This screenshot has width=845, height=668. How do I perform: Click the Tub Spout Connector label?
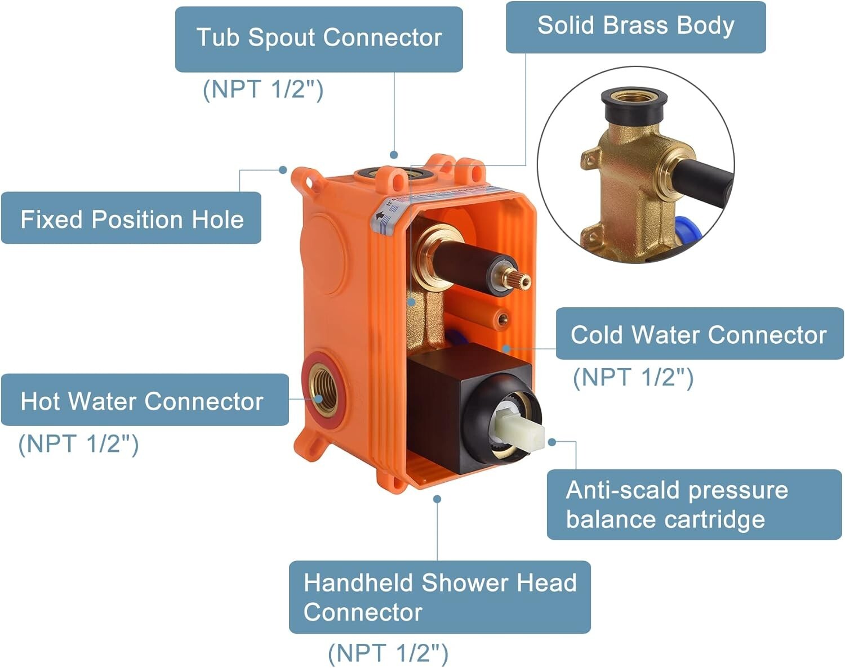coord(319,39)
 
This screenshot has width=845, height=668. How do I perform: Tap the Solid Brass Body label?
coord(635,26)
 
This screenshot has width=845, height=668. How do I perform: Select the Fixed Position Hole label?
coord(131,218)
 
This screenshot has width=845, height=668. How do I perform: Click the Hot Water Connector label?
coord(145,400)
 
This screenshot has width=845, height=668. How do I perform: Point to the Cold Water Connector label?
coord(700,333)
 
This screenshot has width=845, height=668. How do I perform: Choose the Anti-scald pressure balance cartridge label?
coord(694,504)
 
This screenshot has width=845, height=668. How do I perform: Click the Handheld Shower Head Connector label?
coord(440,597)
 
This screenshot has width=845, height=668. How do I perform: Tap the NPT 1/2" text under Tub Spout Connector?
coord(263,90)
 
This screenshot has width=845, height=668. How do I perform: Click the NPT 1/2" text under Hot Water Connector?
coord(78,445)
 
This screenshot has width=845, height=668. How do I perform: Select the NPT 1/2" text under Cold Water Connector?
coord(633,378)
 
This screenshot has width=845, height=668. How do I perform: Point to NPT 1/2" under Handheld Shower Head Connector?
coord(388,653)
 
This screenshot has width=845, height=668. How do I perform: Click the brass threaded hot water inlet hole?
coord(323,390)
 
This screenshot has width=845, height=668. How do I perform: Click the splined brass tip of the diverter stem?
coord(517,279)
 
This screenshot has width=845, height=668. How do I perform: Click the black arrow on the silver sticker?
coord(380,216)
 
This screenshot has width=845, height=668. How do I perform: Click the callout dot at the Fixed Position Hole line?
coord(283,170)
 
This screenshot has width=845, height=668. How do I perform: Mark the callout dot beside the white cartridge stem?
coord(552,442)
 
